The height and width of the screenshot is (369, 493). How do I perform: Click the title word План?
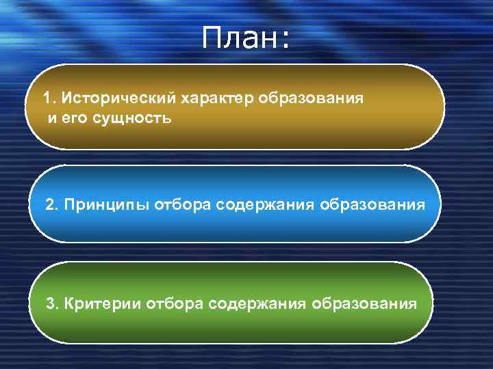[x=240, y=39]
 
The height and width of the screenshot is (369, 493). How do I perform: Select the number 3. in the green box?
[x=51, y=303]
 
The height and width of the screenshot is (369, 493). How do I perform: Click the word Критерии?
[x=103, y=303]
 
